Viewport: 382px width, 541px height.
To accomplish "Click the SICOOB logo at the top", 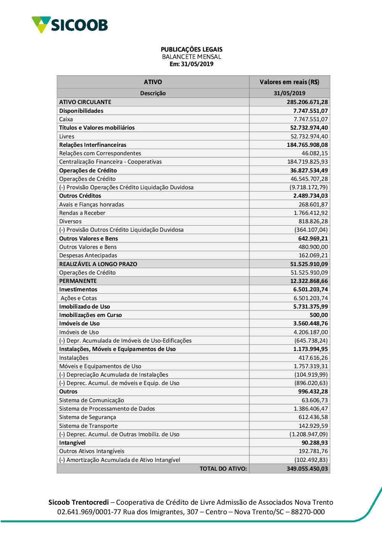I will tap(70, 25).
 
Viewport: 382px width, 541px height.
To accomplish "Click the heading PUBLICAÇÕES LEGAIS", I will tap(191, 49).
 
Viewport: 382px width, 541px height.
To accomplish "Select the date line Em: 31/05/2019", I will tap(191, 64).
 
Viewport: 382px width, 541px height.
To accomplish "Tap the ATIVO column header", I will tap(153, 82).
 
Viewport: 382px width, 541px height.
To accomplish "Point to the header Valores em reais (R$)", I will tap(289, 82).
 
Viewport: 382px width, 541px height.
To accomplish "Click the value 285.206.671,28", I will tap(307, 102).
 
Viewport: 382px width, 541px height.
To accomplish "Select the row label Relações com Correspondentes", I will tap(100, 153).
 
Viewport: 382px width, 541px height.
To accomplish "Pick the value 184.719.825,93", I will tap(308, 162).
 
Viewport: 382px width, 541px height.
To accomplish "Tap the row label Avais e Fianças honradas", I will tap(92, 205).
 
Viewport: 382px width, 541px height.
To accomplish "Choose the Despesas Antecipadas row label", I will tap(88, 255).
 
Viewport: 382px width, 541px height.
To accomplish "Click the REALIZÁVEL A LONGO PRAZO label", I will tap(98, 264).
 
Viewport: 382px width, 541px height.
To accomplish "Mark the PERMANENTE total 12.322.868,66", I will tap(309, 281).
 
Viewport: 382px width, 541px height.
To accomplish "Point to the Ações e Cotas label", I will tap(79, 298).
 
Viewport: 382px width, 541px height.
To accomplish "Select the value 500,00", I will tap(319, 315).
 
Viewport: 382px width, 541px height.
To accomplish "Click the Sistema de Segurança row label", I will tap(87, 417).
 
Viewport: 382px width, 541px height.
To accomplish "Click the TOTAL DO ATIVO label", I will tap(223, 469).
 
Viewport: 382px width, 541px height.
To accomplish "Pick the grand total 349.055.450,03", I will tap(307, 469).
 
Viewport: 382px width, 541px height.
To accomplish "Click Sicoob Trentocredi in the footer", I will tap(78, 502).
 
